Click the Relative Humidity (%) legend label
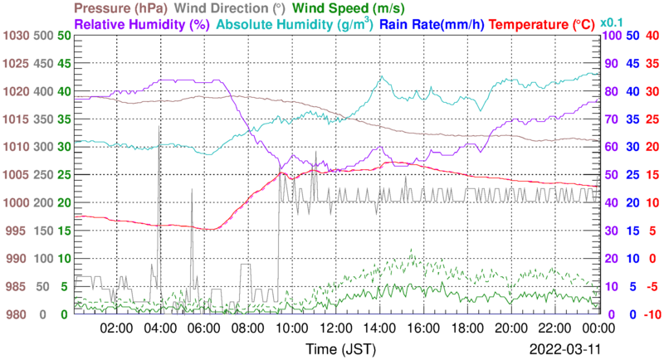(142, 24)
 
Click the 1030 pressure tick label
(16, 36)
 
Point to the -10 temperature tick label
(651, 314)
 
